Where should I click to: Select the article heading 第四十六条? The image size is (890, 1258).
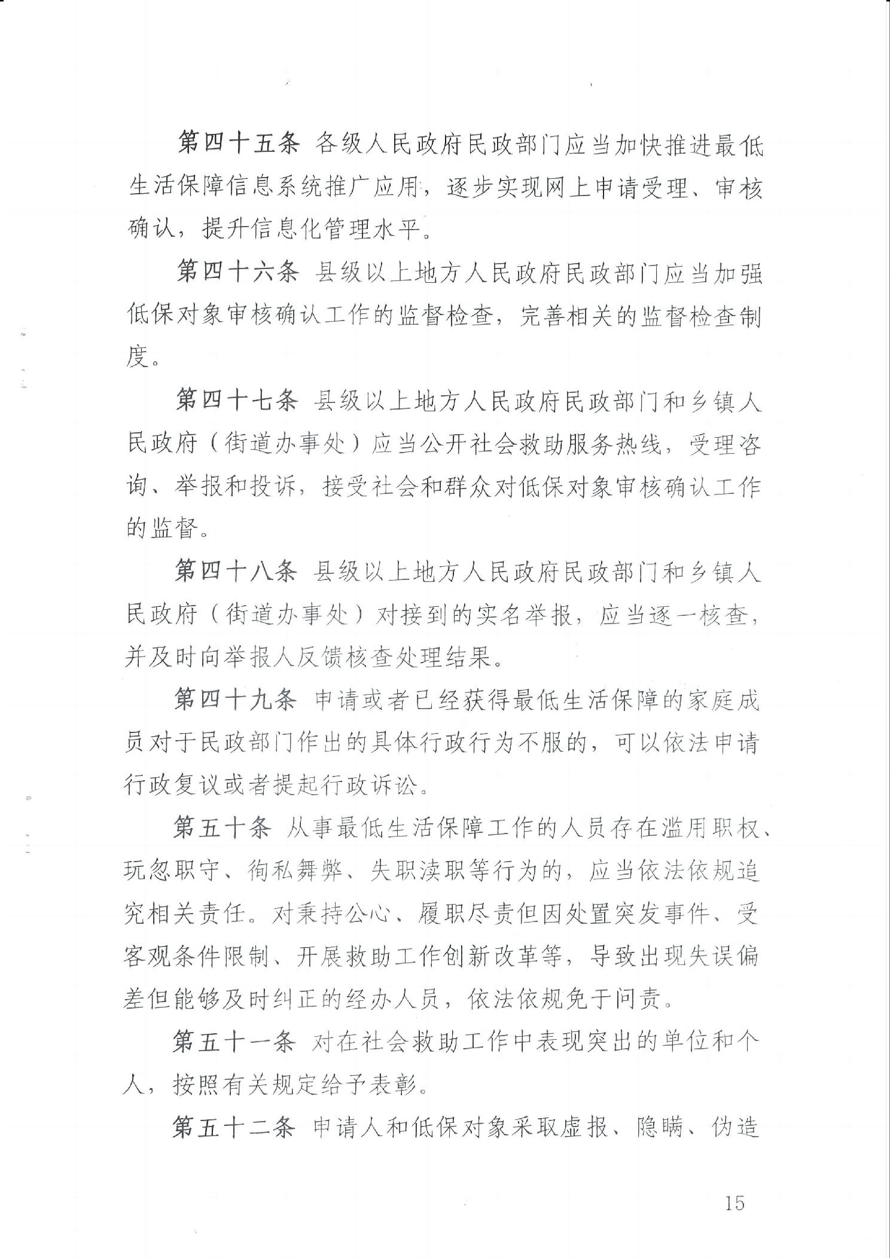[237, 274]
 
